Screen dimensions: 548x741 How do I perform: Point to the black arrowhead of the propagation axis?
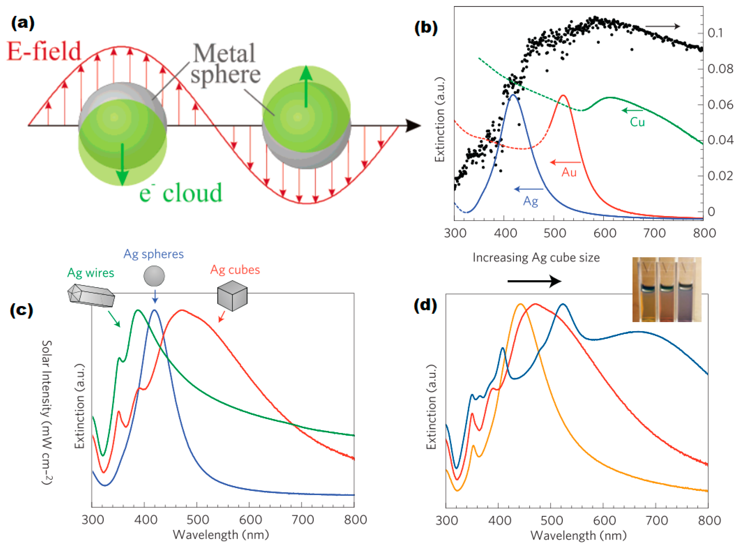[413, 126]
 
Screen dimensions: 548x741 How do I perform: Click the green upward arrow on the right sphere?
[306, 86]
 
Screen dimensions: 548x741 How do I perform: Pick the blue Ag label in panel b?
[530, 201]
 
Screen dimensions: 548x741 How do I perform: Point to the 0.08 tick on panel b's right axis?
[720, 69]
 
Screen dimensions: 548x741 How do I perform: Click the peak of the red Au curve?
[563, 96]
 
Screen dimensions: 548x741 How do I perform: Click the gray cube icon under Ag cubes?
[232, 295]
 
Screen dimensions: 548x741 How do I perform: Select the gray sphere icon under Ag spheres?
[154, 276]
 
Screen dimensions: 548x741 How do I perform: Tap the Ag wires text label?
[90, 273]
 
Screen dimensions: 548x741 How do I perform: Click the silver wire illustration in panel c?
[91, 295]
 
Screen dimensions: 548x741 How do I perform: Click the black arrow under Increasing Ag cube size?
[534, 281]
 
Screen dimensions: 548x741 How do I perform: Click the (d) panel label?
[425, 305]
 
